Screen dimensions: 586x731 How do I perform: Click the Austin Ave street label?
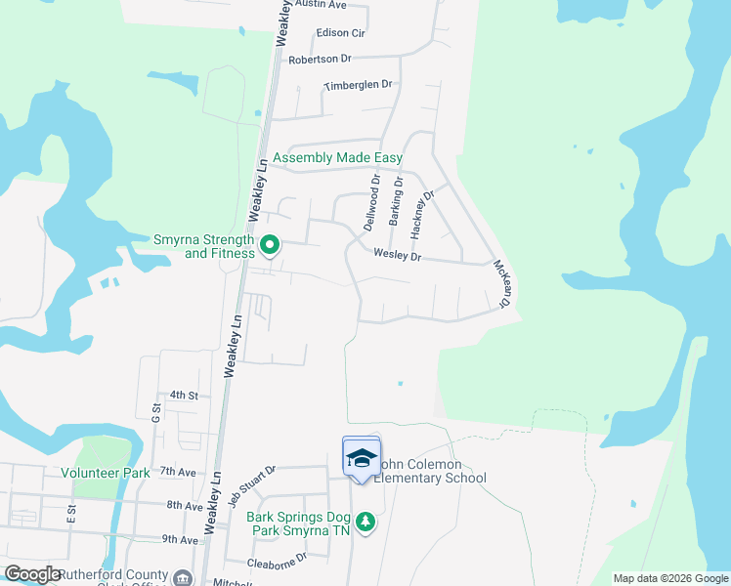[321, 5]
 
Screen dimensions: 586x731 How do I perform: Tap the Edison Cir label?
[340, 32]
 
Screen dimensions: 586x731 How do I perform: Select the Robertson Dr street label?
[320, 60]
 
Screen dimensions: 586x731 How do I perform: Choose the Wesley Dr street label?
[397, 257]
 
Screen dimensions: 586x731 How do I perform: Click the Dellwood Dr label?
[371, 202]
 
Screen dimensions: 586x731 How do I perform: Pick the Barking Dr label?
[396, 202]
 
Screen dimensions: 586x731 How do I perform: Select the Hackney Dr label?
[422, 207]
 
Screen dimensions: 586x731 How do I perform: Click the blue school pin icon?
[361, 458]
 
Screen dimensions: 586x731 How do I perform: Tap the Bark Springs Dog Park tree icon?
[365, 523]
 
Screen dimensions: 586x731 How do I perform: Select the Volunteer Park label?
[105, 473]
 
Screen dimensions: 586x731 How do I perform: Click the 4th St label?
[184, 396]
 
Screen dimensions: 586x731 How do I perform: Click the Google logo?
[32, 574]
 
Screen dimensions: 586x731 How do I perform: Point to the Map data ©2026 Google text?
[669, 578]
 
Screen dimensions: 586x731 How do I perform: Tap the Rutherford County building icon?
[182, 578]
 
